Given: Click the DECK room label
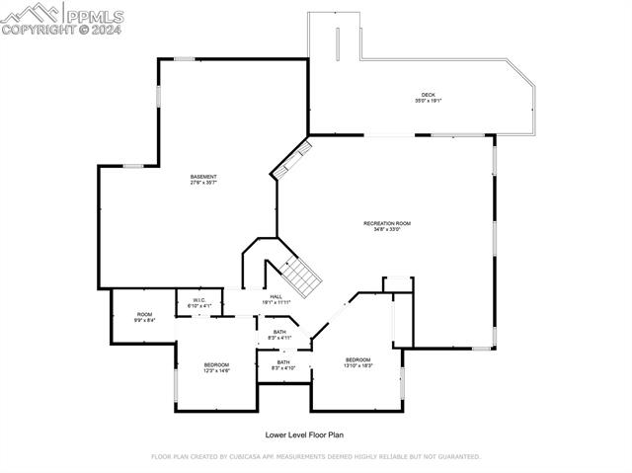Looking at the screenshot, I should [428, 95].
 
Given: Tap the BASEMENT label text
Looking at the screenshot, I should [203, 177].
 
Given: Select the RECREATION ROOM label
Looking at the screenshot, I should [386, 223].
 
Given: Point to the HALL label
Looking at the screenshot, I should [276, 296].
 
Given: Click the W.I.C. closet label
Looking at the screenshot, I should [200, 301].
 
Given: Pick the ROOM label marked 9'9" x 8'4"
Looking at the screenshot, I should [144, 314].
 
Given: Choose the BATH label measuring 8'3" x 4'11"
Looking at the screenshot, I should [279, 332].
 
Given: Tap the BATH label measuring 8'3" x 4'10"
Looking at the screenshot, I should [283, 362].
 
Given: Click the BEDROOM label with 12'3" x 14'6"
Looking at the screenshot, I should [216, 365].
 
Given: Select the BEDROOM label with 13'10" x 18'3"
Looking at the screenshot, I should [358, 359].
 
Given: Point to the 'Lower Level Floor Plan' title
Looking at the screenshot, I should [304, 434].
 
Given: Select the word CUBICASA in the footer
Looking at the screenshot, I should [266, 457].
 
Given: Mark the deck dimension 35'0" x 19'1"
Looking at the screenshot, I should [428, 101].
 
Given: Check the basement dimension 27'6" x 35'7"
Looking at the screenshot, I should [203, 183].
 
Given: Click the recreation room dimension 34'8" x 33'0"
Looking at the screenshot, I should [386, 229].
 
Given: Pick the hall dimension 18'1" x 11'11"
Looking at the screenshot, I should [276, 302].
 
